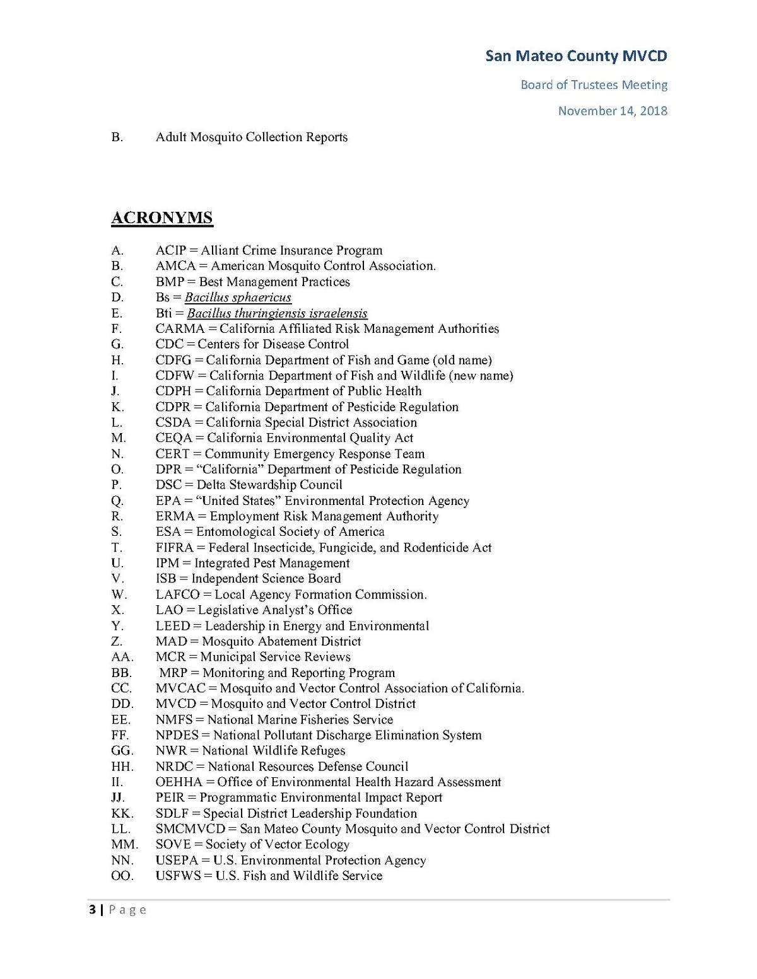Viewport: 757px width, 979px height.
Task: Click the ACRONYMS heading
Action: point(162,218)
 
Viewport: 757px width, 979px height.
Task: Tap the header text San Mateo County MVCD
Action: point(576,56)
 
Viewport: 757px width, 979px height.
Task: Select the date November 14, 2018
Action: point(613,111)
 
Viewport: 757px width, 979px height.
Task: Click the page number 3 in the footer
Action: point(93,909)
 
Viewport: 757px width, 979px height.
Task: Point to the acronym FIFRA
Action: point(175,548)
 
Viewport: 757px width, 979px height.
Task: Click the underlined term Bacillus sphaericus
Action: point(238,298)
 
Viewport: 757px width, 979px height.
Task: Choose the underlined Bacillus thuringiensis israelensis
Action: point(277,313)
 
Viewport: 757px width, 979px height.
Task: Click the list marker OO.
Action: point(122,876)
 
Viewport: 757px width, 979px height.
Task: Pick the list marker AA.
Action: point(122,657)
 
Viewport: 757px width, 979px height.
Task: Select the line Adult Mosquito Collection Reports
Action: point(252,137)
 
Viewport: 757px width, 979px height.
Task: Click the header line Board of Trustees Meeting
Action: point(594,84)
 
